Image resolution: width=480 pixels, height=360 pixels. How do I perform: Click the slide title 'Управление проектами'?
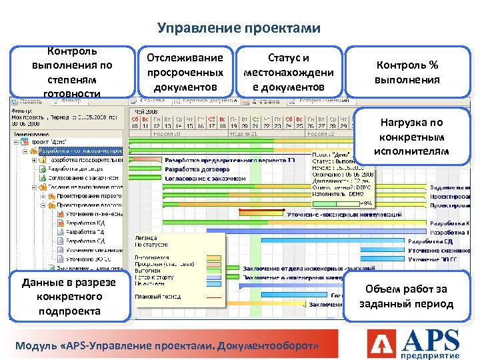pos(239,28)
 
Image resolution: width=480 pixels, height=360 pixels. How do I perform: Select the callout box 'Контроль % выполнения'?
pos(407,72)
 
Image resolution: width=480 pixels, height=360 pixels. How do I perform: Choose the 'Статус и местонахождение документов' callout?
pos(288,72)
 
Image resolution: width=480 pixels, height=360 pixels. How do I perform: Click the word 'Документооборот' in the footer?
pos(273,347)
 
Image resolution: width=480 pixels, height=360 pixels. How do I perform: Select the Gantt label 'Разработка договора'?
pos(197,169)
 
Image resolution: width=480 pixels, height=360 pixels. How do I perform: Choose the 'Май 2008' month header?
pos(147,111)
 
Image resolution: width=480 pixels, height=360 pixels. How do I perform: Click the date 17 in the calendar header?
pos(212,125)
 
